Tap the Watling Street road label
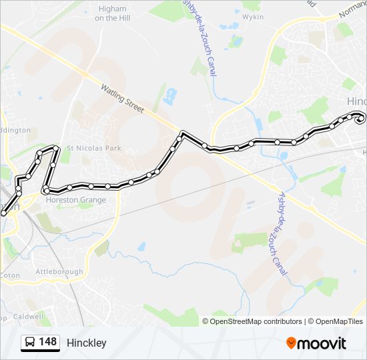(122, 99)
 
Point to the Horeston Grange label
(75, 200)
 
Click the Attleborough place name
(59, 271)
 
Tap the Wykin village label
(253, 17)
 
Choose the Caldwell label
(27, 317)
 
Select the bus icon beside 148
(30, 343)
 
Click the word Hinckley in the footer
(86, 343)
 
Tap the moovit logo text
(322, 343)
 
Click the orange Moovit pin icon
(291, 343)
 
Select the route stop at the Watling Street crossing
(181, 134)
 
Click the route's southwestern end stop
(4, 213)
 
